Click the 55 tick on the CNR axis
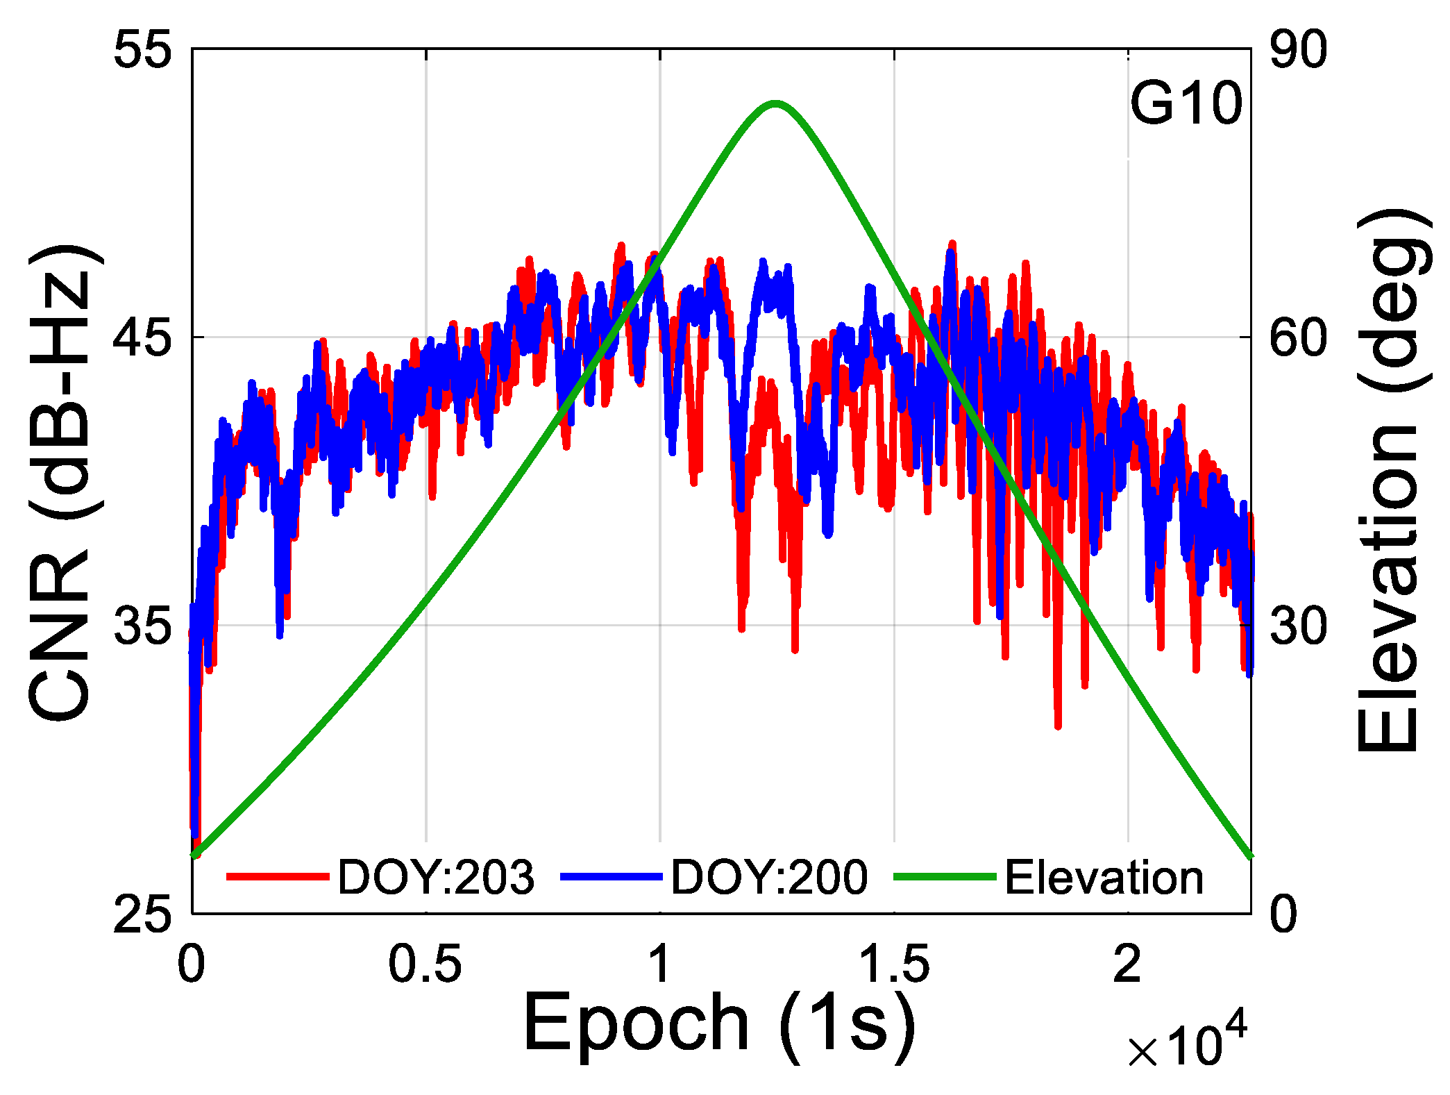tap(142, 50)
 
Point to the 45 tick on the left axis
tap(142, 338)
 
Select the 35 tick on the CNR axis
tap(142, 626)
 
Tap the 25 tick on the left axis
tap(142, 914)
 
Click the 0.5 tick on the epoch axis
tap(425, 964)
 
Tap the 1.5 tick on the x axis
tap(894, 964)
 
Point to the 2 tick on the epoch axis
tap(1127, 964)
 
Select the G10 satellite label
tap(1186, 104)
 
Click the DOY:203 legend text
tap(436, 877)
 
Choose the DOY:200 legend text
tap(769, 877)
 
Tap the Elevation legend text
tap(1104, 877)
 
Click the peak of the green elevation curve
tap(775, 104)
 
